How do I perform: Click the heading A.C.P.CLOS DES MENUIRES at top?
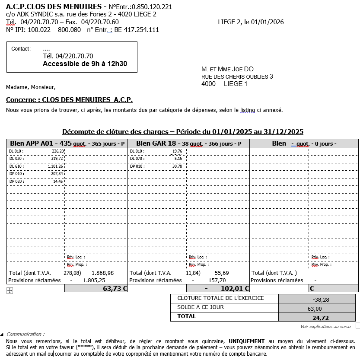pos(54,6)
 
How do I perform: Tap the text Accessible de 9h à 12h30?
pos(85,64)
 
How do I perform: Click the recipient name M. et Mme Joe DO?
pos(227,69)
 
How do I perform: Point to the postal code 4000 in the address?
pos(208,84)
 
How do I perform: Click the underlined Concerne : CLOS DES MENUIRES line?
pos(69,100)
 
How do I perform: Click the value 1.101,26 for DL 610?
pos(55,166)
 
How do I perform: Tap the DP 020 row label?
pos(16,181)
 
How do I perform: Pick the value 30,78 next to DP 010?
pos(177,166)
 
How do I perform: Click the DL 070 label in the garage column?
pos(137,159)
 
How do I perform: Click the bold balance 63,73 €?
pos(115,288)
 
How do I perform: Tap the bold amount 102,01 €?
pos(234,288)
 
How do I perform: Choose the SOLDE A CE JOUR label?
pos(201,307)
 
